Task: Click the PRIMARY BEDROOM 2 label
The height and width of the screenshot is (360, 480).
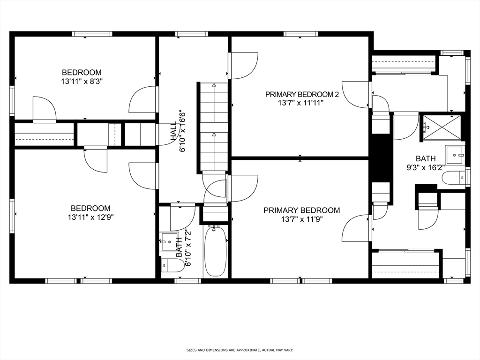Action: click(302, 94)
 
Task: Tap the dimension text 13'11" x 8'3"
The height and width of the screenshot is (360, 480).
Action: click(82, 81)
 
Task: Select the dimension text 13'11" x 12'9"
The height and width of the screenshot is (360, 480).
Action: click(90, 217)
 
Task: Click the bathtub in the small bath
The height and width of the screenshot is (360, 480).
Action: click(216, 251)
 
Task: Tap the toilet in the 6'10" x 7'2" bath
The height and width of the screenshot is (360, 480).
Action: click(171, 266)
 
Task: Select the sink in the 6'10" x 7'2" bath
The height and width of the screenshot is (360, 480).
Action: click(169, 242)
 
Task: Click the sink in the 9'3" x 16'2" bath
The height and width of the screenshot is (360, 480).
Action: click(454, 155)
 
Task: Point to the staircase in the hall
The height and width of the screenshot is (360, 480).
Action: click(214, 127)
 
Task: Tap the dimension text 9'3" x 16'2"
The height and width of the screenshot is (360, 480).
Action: click(426, 167)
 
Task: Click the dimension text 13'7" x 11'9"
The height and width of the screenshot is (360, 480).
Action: click(301, 219)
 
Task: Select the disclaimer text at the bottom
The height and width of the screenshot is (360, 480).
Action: click(240, 350)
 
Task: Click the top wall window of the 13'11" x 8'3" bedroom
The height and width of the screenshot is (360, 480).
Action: click(92, 34)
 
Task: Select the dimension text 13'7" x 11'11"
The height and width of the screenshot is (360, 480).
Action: click(302, 102)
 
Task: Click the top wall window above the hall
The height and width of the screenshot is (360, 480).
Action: click(192, 34)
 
